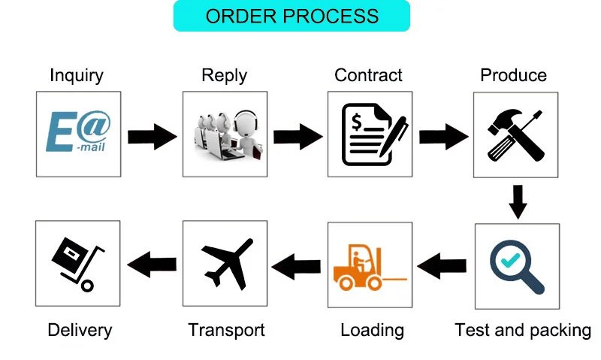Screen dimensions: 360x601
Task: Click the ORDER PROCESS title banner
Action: (291, 16)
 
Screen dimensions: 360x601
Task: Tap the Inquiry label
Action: (77, 75)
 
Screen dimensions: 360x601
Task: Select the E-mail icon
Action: (78, 134)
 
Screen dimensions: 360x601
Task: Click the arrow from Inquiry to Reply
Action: (152, 136)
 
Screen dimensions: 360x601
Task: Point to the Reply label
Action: (224, 75)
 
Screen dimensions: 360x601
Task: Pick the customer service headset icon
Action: (225, 134)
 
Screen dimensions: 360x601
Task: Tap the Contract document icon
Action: (370, 134)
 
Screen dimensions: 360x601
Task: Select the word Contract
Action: (368, 75)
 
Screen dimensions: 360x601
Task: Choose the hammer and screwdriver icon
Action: (515, 134)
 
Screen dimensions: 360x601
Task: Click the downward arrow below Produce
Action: (517, 201)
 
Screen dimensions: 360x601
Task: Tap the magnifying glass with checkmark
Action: (517, 265)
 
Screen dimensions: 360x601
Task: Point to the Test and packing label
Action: (523, 330)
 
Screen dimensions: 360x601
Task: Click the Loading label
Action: (372, 330)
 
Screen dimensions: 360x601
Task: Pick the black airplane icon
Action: (225, 264)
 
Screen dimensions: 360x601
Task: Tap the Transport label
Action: (226, 330)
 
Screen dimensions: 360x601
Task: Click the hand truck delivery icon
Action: (77, 264)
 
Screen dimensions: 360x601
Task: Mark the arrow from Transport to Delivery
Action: (153, 264)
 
